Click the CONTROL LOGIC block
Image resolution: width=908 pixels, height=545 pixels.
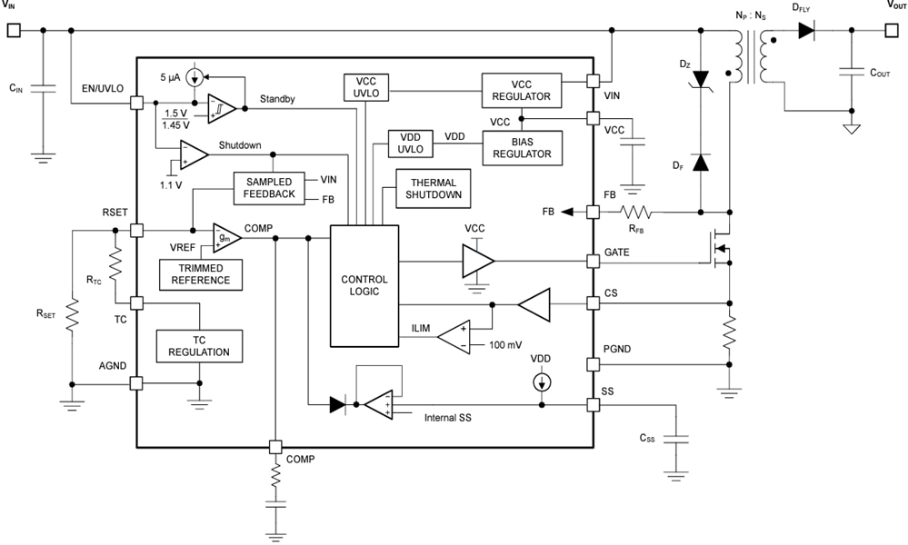pyautogui.click(x=364, y=285)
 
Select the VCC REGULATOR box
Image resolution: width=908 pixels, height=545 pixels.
pyautogui.click(x=522, y=89)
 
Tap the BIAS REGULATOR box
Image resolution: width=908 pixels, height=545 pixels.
pyautogui.click(x=522, y=146)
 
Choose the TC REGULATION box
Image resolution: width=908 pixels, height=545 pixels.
pyautogui.click(x=200, y=345)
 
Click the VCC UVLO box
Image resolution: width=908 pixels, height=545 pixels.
pyautogui.click(x=365, y=88)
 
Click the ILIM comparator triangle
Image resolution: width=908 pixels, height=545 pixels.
pyautogui.click(x=460, y=336)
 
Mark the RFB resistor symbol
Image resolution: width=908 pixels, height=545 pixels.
pyautogui.click(x=637, y=212)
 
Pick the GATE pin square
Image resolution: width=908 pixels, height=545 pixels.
pyautogui.click(x=594, y=262)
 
